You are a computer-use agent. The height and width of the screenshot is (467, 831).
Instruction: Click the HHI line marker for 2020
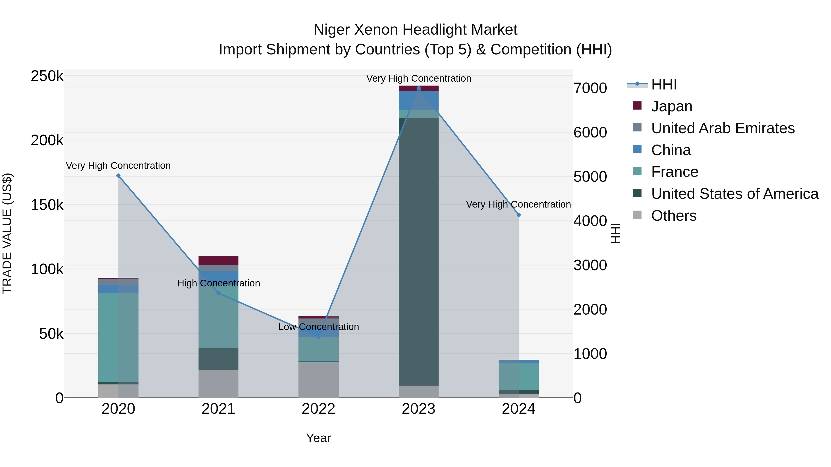coord(118,176)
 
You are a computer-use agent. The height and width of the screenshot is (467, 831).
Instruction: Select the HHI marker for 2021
coord(218,293)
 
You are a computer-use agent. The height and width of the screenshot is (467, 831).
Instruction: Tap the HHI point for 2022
coord(318,337)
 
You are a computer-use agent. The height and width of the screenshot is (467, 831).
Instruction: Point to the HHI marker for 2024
coord(518,215)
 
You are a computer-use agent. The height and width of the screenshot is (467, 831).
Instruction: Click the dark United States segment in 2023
coord(419,251)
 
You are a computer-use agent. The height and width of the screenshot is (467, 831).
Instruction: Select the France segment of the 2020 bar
coord(118,337)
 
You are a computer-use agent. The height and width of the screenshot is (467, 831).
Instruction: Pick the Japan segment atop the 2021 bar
coord(218,260)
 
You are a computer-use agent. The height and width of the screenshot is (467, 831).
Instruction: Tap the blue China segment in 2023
coord(419,100)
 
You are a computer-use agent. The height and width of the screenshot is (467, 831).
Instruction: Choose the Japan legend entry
coord(672,106)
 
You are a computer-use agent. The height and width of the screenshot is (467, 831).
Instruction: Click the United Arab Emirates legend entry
coord(723,128)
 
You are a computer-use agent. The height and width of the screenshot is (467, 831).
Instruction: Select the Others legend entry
coord(674,216)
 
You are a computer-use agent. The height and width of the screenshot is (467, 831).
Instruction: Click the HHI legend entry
coord(664,84)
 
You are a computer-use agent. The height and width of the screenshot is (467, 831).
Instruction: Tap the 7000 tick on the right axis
coord(590,88)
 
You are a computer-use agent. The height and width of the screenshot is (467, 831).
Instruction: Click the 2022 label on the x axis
coord(318,409)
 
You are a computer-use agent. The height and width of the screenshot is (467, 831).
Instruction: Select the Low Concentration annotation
coord(318,327)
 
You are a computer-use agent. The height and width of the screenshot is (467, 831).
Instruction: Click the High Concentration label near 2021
coord(218,283)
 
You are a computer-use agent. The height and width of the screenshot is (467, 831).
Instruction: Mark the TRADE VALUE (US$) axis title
coord(7,233)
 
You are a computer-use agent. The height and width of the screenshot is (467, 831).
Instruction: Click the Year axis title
coord(318,438)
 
